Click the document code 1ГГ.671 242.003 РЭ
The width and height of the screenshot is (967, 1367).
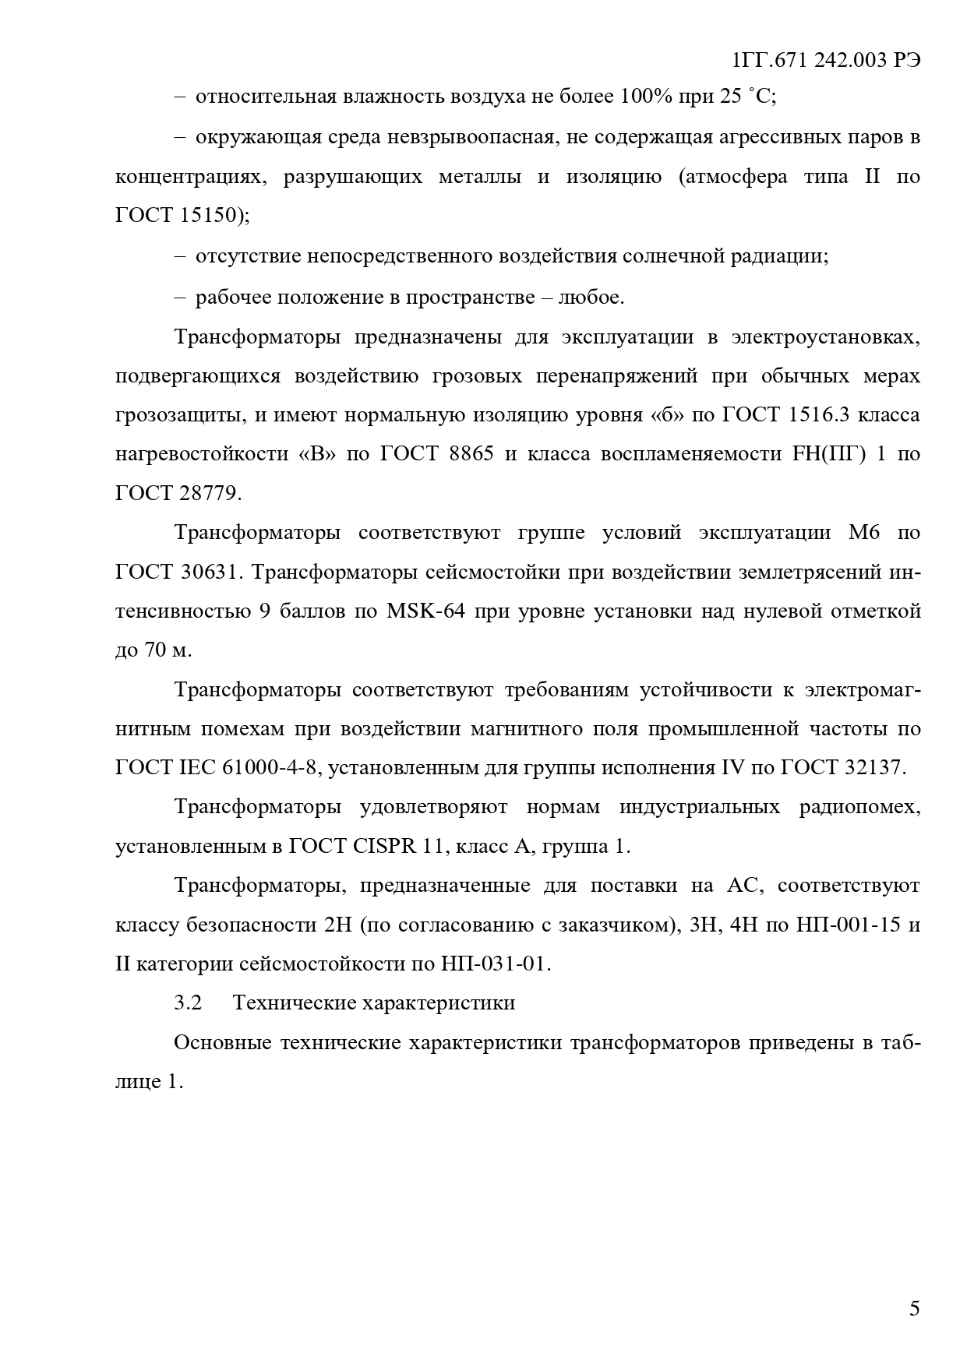pos(827,60)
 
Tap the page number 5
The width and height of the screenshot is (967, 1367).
pos(914,1308)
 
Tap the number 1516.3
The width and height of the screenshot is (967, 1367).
pos(817,414)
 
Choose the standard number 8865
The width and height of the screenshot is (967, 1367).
pos(471,453)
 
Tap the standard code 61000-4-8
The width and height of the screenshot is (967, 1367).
pos(260,767)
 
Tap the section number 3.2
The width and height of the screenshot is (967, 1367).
pos(188,1002)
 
